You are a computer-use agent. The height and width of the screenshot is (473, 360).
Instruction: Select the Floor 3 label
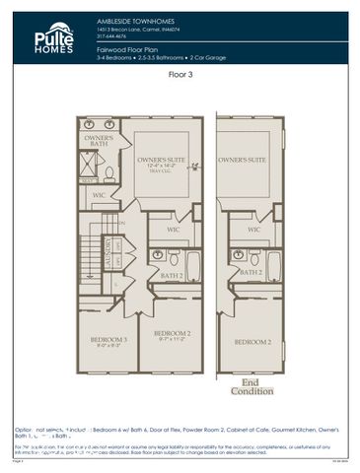point(180,74)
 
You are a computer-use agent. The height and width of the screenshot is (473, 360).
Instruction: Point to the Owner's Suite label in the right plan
point(243,159)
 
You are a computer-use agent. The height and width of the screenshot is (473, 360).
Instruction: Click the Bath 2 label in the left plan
point(171,276)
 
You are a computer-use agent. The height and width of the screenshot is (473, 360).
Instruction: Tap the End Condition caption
point(246,386)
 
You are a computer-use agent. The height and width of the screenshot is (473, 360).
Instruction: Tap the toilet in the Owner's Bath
point(109,172)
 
